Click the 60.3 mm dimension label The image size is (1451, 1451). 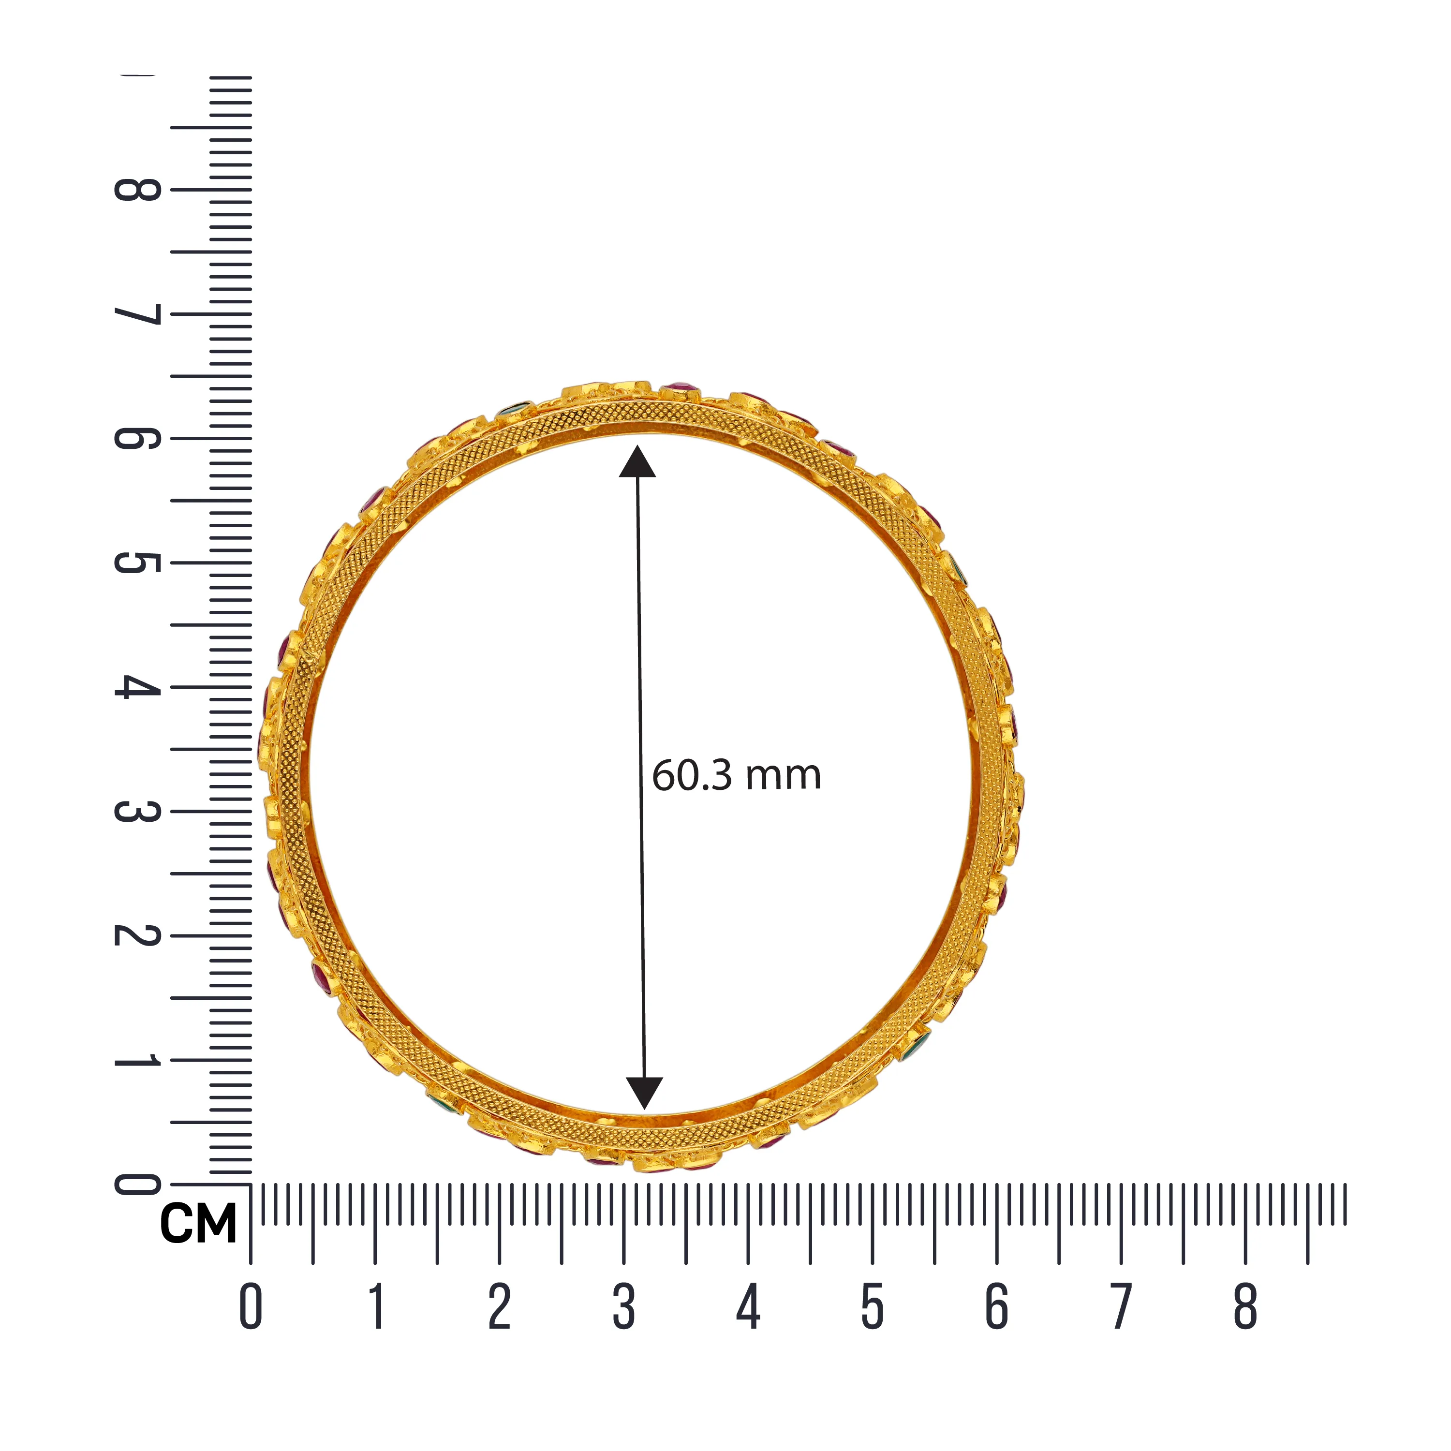[x=736, y=776]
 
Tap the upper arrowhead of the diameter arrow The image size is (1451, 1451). [x=637, y=461]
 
